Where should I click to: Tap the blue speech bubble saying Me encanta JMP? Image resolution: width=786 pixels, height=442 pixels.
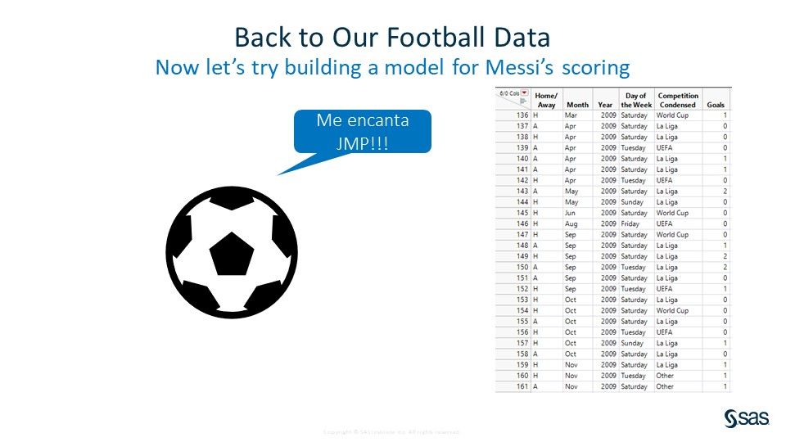[363, 132]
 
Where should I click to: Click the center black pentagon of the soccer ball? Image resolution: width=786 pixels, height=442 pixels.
[232, 253]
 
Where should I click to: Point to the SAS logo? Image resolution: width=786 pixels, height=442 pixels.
[747, 418]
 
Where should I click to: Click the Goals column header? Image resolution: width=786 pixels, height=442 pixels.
[716, 105]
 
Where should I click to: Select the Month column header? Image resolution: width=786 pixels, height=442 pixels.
[577, 105]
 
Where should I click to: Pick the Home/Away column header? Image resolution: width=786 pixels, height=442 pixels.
[546, 100]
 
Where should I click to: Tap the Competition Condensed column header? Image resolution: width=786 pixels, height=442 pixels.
[678, 100]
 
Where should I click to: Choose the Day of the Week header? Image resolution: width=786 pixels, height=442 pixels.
[636, 100]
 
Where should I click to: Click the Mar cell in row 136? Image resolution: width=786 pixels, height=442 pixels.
[571, 115]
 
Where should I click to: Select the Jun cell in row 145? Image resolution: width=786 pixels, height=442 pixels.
[571, 213]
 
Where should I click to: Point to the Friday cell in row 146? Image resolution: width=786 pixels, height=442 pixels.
[630, 223]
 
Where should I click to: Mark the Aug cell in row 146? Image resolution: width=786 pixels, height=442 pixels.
[571, 223]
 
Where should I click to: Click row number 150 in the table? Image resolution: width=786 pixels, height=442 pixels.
[522, 267]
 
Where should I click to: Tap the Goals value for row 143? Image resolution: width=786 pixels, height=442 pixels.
[725, 191]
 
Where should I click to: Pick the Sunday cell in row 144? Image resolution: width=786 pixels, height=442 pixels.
[632, 201]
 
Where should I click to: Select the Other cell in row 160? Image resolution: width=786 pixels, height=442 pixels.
[665, 376]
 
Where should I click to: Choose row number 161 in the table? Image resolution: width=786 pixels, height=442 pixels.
[522, 386]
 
